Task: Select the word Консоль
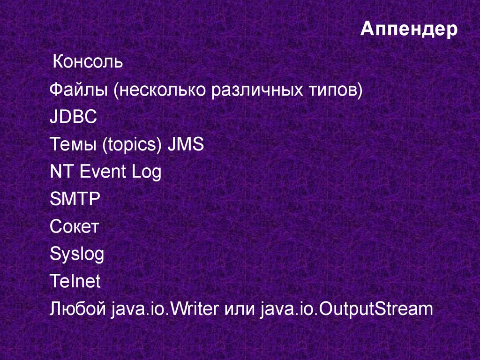[88, 61]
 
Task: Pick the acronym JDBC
[73, 117]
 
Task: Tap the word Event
[103, 172]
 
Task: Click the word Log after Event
[146, 172]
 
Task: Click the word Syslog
[77, 255]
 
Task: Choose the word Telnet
[75, 282]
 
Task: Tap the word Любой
[78, 309]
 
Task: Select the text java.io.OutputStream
[345, 309]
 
